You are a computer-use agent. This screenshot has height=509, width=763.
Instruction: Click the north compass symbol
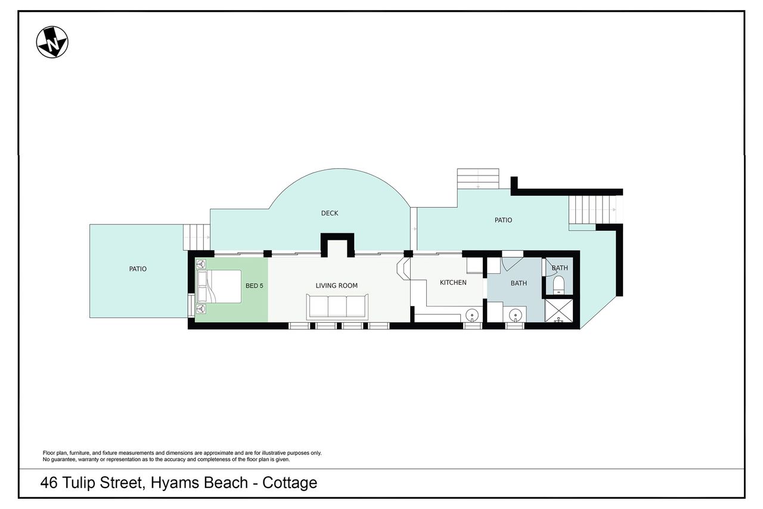coord(52,42)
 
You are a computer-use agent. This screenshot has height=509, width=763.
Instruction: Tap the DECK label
coord(330,214)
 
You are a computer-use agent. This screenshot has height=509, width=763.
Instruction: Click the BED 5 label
coord(255,286)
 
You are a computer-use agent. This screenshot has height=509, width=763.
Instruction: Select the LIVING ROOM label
coord(337,286)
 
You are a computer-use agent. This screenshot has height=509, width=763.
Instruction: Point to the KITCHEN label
coord(453,283)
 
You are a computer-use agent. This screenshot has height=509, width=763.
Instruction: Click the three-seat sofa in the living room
coord(337,307)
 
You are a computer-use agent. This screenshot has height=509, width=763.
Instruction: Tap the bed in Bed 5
coord(219,286)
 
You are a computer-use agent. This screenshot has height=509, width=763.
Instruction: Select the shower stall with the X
coord(559,310)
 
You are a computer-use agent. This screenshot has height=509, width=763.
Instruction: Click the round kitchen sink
coord(472,315)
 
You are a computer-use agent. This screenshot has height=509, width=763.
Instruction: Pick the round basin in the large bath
coord(516,315)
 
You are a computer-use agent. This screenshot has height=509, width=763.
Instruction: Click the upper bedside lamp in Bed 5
coord(201,264)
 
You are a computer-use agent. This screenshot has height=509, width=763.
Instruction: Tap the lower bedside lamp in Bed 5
coord(201,309)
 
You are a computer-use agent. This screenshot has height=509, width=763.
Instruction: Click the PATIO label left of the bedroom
coord(138,269)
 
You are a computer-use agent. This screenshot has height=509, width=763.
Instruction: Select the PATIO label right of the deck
coord(504,220)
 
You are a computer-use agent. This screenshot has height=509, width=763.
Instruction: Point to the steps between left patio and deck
coord(197,237)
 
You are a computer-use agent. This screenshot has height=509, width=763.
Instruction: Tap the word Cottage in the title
coord(290,483)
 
